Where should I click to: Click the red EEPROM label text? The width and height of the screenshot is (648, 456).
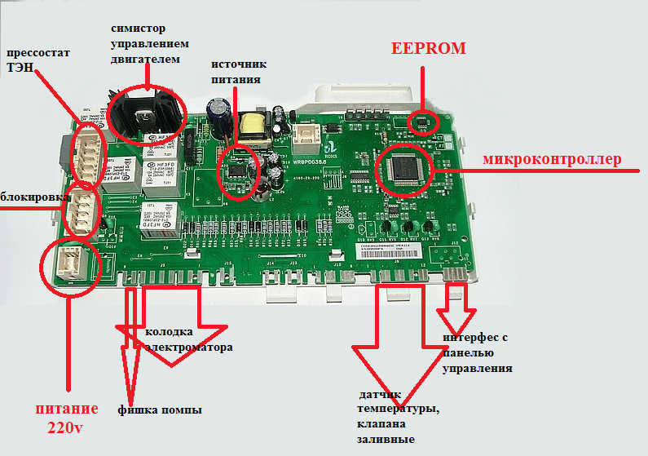(x=428, y=48)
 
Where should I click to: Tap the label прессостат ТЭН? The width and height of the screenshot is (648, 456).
(x=38, y=61)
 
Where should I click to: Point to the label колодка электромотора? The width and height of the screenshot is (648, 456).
(x=188, y=339)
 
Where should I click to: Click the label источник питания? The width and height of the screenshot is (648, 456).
(x=239, y=72)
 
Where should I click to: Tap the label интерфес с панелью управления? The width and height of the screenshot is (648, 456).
(x=478, y=353)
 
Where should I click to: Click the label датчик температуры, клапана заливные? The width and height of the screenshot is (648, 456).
(x=397, y=417)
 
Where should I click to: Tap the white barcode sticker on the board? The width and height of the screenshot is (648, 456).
(x=388, y=248)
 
